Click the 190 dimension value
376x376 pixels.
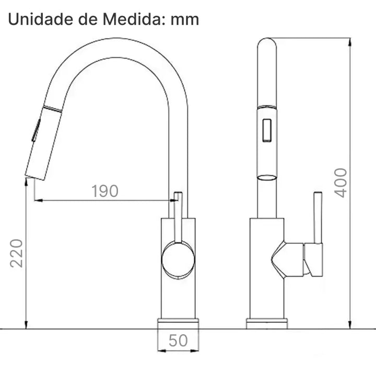(105, 191)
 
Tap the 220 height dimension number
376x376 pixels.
(17, 253)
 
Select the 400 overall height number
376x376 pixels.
(340, 182)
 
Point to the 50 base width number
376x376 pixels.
(178, 340)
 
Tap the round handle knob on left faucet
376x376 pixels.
(178, 260)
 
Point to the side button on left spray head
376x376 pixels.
(36, 129)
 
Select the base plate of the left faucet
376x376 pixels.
(178, 323)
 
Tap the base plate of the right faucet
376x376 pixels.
(267, 323)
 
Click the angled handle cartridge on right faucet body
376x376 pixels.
(287, 260)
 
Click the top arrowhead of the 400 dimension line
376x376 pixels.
(349, 42)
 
